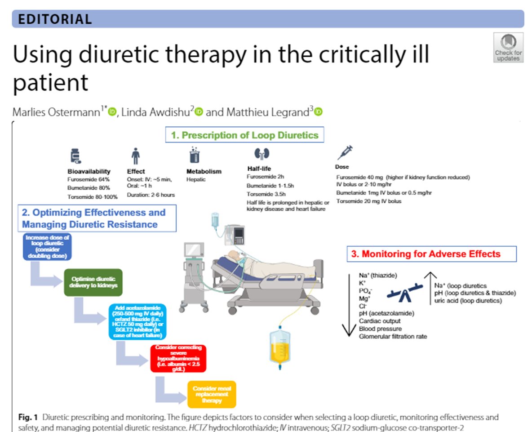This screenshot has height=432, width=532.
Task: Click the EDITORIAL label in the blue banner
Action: coord(55,19)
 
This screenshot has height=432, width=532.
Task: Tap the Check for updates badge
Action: coord(508,47)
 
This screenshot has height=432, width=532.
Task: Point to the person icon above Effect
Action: coord(135,156)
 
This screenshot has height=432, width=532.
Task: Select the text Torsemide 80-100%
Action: coord(92,196)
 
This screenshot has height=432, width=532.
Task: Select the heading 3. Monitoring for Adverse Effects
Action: coord(431,254)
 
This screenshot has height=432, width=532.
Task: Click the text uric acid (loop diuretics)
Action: coord(468,301)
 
